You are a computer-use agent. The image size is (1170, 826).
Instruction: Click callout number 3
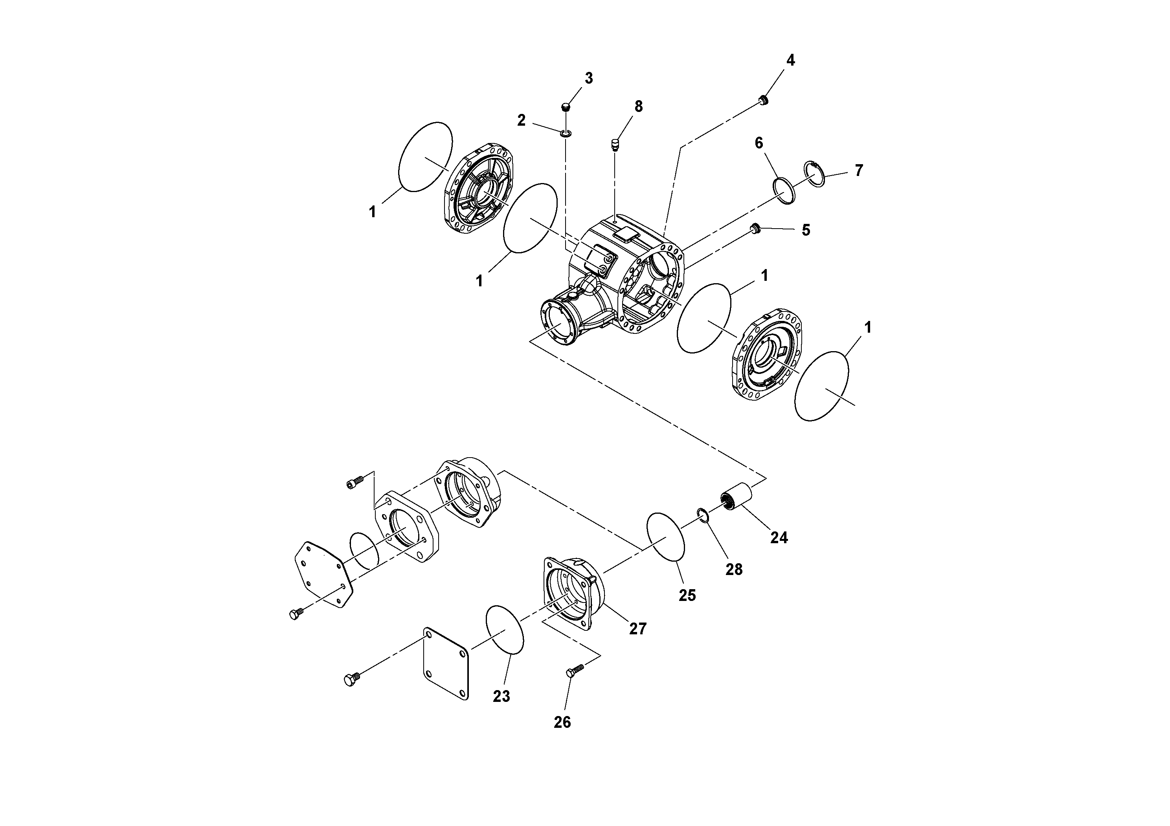click(x=589, y=79)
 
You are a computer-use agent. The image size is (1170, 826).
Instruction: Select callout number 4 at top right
click(x=790, y=60)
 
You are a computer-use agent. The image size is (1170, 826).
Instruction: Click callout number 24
click(x=779, y=537)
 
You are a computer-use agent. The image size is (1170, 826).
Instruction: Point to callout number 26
click(x=562, y=722)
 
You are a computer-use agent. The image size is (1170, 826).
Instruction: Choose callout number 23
click(x=501, y=696)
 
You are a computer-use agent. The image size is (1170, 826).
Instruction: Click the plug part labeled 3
click(x=565, y=107)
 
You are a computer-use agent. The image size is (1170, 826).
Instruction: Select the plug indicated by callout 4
click(x=763, y=99)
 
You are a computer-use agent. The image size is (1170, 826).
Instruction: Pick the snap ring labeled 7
click(x=814, y=175)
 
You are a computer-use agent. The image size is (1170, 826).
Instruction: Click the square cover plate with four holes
click(x=446, y=663)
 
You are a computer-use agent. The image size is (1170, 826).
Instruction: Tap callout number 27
click(x=637, y=628)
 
